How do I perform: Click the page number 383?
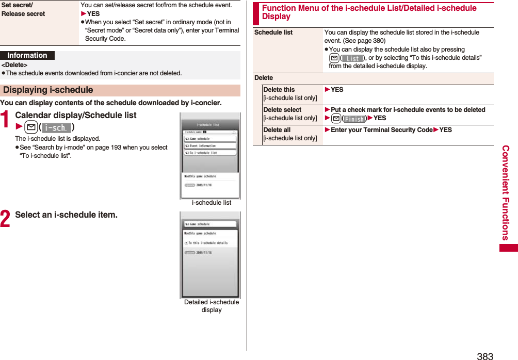485,355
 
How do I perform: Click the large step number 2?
6,219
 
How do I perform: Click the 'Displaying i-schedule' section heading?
48,90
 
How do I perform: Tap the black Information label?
27,56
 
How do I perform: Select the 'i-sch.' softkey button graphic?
57,127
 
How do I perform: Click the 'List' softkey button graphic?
353,58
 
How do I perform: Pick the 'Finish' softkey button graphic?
354,119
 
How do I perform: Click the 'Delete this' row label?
279,90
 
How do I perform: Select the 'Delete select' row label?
282,110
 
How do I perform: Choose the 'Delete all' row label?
277,130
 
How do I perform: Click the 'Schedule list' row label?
273,32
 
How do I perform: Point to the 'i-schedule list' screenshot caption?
212,203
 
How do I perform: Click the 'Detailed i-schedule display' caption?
212,306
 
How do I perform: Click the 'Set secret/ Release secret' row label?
23,9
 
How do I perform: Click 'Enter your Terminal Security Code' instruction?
381,130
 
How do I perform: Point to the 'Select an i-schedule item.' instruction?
66,215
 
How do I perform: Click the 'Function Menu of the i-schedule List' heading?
369,12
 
